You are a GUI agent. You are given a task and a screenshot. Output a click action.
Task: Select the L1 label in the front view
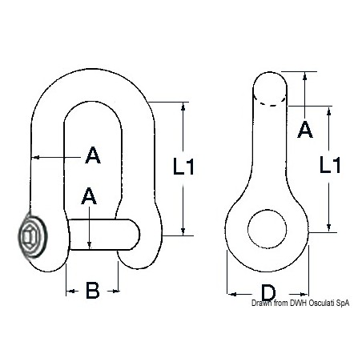click(185, 167)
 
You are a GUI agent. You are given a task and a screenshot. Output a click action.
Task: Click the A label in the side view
click(305, 128)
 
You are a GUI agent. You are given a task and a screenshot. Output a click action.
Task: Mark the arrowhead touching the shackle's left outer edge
click(34, 157)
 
